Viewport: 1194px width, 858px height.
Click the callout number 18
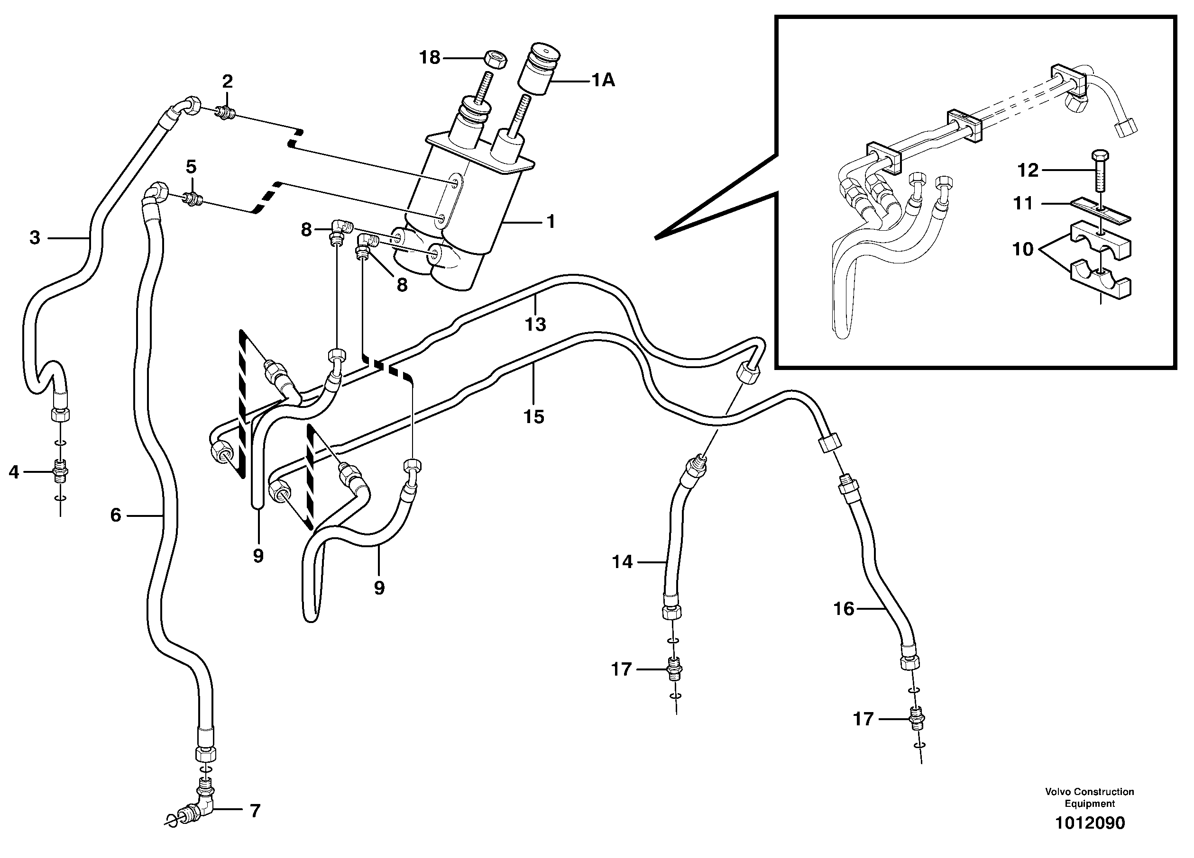[429, 57]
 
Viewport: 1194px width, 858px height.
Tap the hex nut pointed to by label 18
[495, 58]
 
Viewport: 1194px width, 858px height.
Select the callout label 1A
[603, 81]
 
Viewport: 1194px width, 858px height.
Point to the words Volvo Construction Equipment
[1089, 797]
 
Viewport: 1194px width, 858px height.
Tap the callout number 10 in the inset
[1023, 249]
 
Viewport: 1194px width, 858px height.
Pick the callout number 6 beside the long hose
[116, 515]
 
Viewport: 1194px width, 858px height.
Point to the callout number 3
[35, 238]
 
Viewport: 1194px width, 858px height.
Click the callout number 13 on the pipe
[535, 325]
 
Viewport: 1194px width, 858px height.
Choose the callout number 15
[533, 416]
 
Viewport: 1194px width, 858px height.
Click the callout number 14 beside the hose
[622, 562]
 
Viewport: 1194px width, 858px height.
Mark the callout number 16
[844, 609]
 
